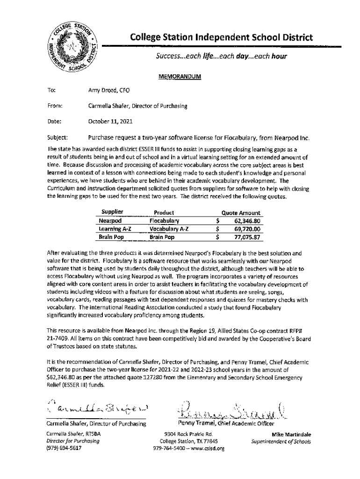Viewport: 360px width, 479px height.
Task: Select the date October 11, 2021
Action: [x=110, y=122]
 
